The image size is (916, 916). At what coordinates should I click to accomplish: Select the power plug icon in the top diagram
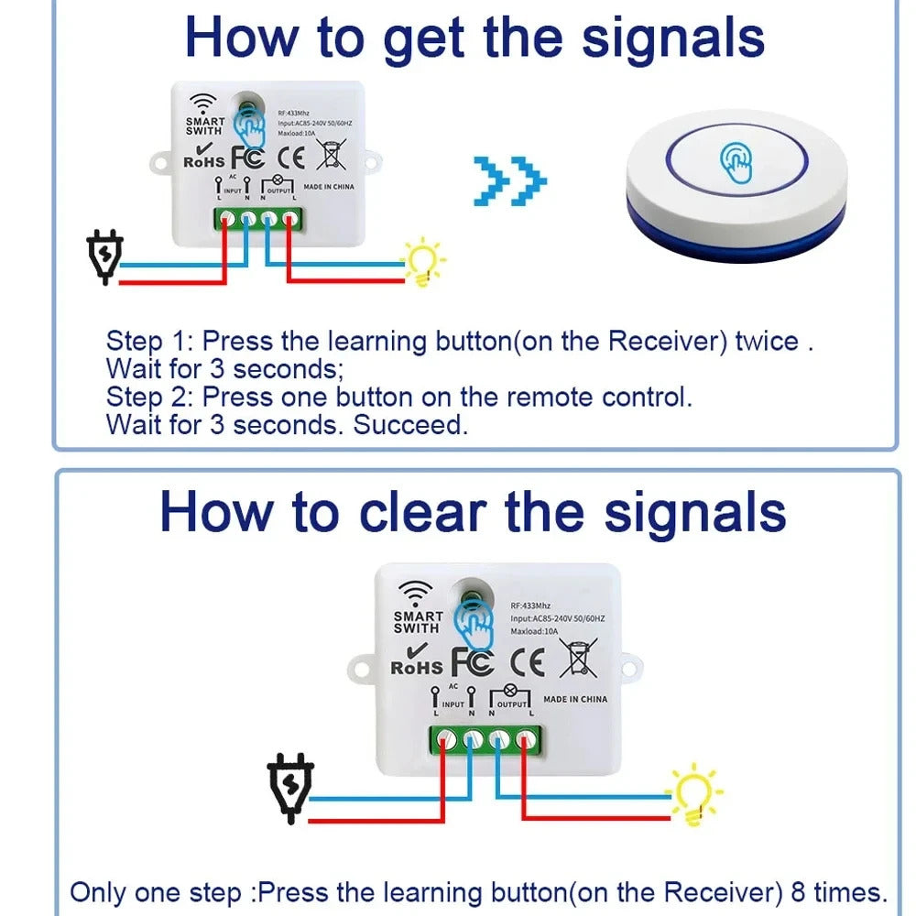(105, 258)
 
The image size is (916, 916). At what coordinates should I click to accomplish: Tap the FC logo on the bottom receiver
(473, 660)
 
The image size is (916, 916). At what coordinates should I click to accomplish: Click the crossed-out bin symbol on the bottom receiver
(578, 658)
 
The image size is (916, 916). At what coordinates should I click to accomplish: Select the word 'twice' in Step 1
(767, 342)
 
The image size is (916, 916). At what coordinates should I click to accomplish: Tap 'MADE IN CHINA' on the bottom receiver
(574, 699)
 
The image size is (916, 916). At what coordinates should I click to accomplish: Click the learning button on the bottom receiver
(474, 596)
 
